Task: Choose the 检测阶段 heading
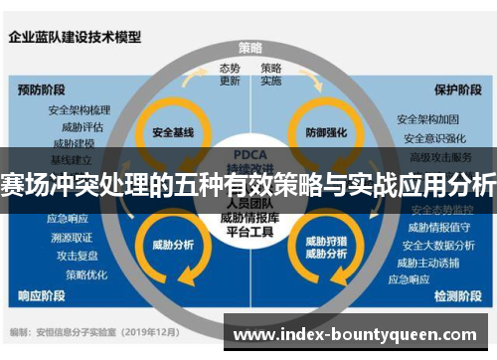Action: point(459,295)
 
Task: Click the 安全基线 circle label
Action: point(172,131)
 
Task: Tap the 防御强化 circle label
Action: point(327,131)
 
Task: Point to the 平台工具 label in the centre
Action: point(249,233)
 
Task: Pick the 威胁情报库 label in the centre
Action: point(249,218)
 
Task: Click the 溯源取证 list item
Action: point(71,237)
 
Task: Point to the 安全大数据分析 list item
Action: point(429,245)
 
